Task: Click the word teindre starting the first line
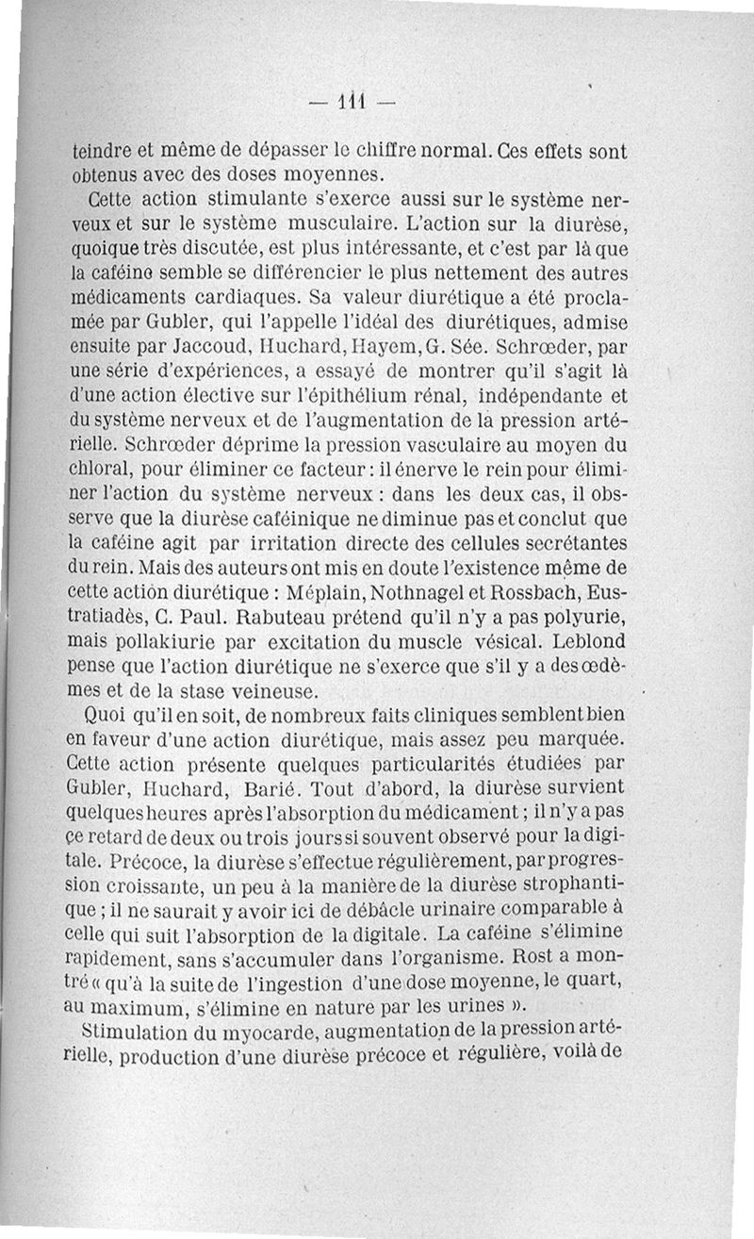click(103, 151)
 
